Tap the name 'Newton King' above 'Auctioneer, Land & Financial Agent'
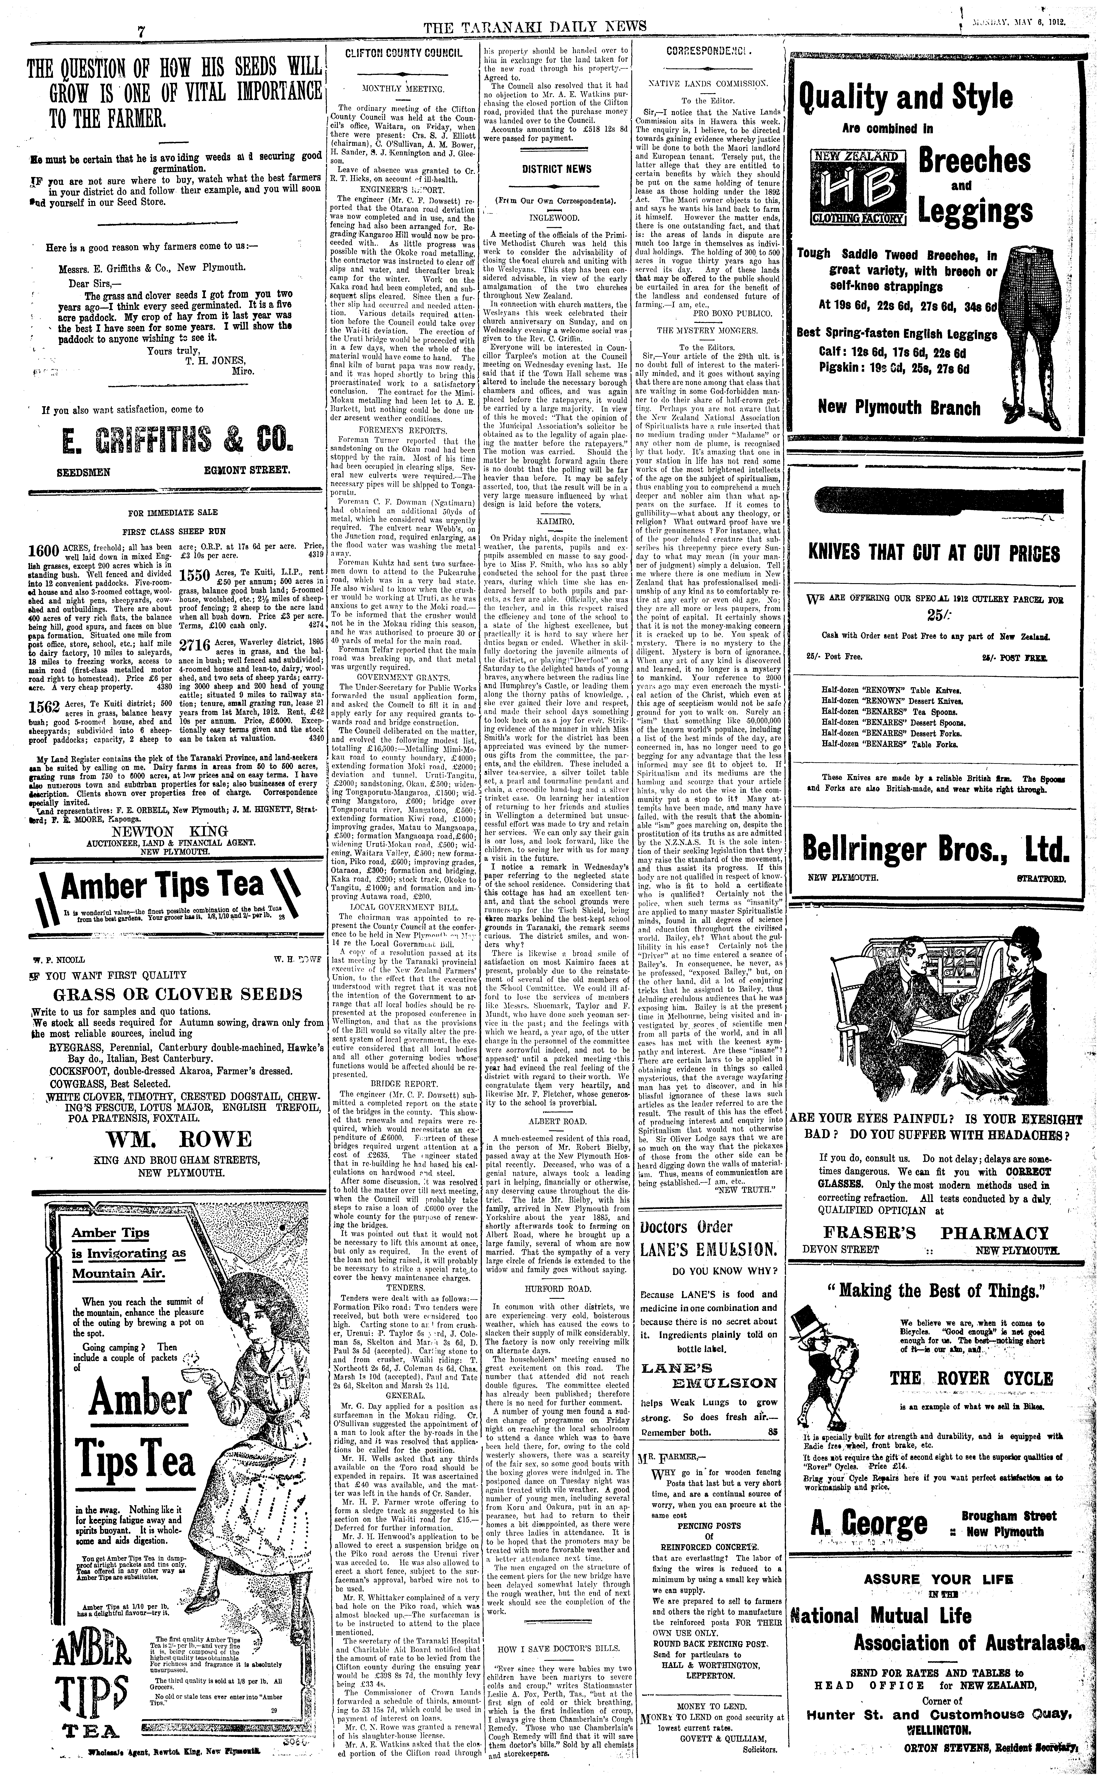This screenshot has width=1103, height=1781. click(175, 831)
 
